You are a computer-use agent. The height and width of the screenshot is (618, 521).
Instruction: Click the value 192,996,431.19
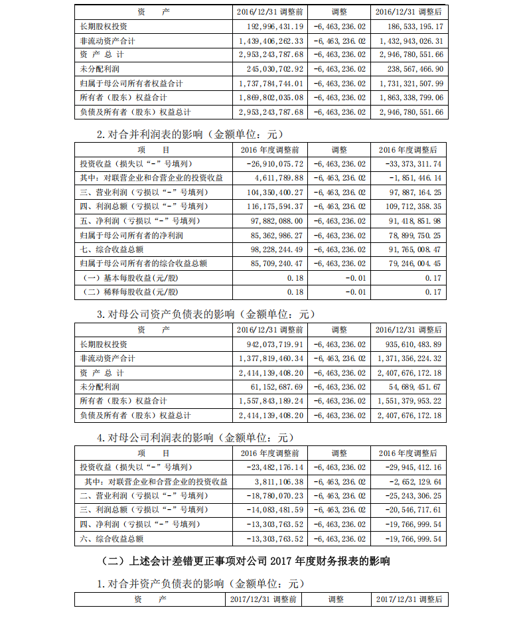[270, 27]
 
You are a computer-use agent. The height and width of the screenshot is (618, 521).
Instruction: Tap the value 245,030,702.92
[270, 69]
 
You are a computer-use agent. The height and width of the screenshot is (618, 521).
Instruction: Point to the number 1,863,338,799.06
[408, 98]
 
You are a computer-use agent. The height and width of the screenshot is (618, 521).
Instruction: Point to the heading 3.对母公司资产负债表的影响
[206, 314]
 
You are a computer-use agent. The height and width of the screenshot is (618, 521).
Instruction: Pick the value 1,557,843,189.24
[270, 401]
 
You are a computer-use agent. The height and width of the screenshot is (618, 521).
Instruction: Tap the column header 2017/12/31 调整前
[263, 599]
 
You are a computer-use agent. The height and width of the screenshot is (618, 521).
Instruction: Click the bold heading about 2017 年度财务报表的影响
[248, 561]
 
